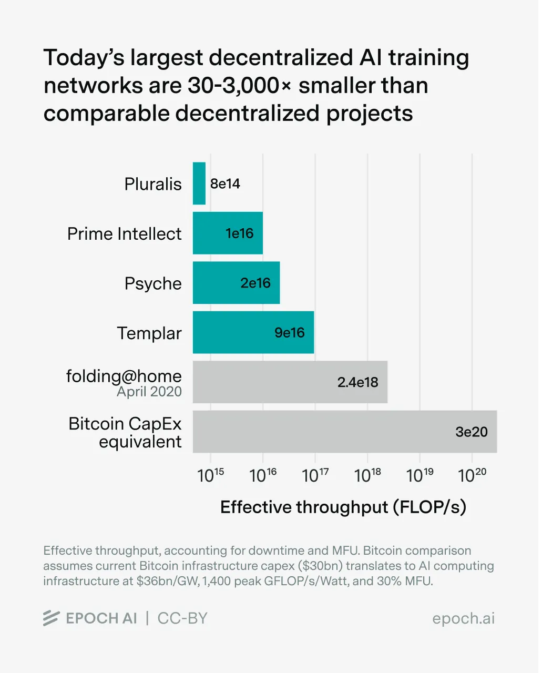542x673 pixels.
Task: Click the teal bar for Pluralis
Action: tap(199, 183)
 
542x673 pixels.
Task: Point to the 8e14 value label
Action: tap(225, 183)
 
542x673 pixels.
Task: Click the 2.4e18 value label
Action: tap(357, 382)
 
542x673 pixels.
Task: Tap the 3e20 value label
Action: tap(471, 432)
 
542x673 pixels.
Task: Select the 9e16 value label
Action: tap(290, 333)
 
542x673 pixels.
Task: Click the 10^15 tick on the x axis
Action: tap(211, 475)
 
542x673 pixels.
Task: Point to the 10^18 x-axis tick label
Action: tap(367, 475)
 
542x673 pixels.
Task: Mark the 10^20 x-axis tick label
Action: tap(472, 475)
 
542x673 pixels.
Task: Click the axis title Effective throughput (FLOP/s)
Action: tap(343, 507)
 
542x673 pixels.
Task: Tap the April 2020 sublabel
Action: tap(149, 392)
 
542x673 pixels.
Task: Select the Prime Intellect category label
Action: tap(124, 233)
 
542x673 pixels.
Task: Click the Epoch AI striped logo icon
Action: tap(51, 618)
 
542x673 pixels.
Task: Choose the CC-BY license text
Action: tap(182, 618)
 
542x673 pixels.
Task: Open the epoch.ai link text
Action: tap(463, 618)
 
